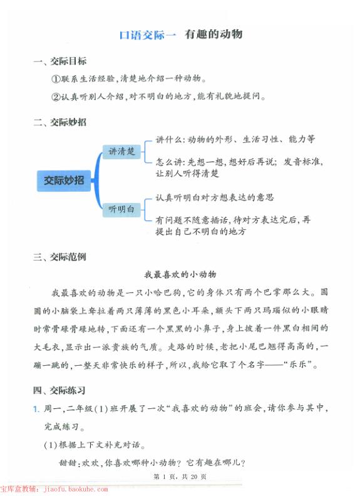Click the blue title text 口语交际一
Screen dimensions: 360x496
click(x=148, y=35)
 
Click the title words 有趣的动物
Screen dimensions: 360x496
click(x=213, y=34)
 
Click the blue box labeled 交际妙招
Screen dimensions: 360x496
click(x=63, y=180)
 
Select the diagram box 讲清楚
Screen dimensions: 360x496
click(x=121, y=152)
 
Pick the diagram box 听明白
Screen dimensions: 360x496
click(x=121, y=209)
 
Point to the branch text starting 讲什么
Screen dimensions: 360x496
click(x=235, y=139)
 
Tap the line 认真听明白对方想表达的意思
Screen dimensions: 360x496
click(x=215, y=197)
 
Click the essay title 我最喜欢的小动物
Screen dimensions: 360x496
click(x=180, y=274)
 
